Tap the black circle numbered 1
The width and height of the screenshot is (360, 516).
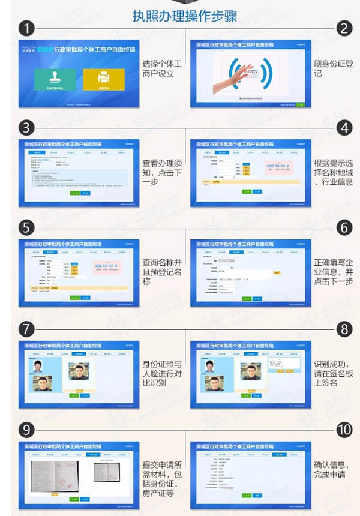click(x=25, y=28)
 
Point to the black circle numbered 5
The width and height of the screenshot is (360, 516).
click(x=25, y=228)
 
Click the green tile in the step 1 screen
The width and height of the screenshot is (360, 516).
click(x=55, y=80)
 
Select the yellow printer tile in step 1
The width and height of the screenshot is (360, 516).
click(x=103, y=80)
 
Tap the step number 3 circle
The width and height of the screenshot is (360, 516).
click(x=25, y=128)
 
